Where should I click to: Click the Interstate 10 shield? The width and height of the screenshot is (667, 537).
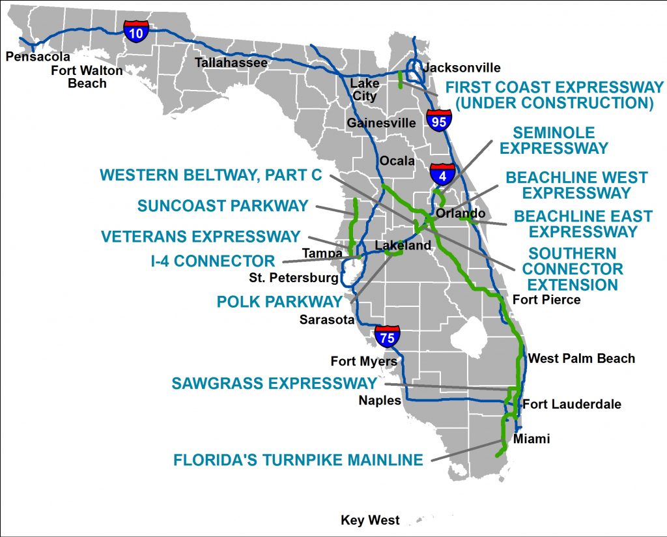coord(136,31)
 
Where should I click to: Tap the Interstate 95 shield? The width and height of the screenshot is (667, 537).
coord(439,121)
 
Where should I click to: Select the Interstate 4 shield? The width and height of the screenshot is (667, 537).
coord(442,174)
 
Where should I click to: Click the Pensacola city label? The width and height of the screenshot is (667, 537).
coord(38,57)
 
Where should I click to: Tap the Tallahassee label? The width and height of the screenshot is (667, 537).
coord(232,63)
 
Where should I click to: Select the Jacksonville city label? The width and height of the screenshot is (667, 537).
coord(462,68)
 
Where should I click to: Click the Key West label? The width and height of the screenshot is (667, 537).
coord(370,520)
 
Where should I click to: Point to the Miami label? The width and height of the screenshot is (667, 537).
coord(532,439)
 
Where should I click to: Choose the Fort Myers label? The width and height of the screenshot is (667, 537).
coord(363,361)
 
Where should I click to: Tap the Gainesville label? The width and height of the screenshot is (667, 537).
coord(381,123)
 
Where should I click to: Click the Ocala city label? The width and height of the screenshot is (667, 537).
coord(397,161)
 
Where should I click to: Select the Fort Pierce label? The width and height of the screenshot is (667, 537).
coord(546,300)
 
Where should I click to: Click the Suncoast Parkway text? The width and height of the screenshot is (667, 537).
coord(223,206)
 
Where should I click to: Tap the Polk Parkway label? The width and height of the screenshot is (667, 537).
coord(279,301)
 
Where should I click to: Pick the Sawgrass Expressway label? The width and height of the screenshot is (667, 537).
coord(274,383)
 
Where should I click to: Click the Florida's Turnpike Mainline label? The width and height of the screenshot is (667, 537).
coord(298,460)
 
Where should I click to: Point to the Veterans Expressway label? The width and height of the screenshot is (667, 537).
coord(201,237)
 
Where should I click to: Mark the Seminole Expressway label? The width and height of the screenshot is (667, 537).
coord(554,140)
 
